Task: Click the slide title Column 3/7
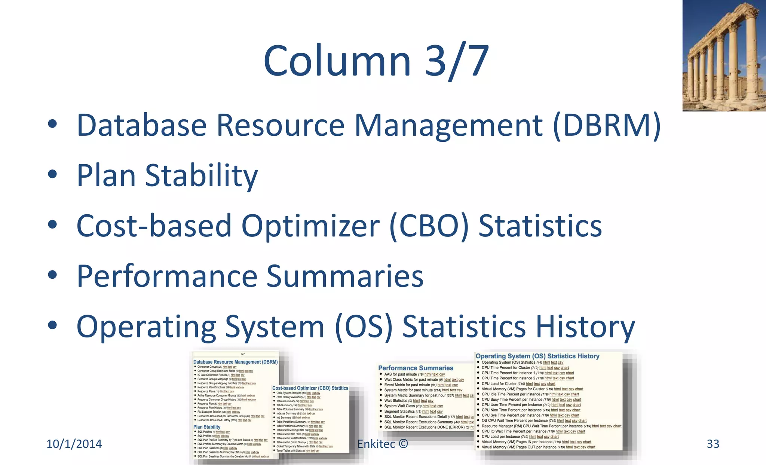click(x=376, y=61)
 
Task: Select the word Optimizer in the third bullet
click(x=310, y=226)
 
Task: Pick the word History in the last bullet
click(x=585, y=327)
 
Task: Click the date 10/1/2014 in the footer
click(x=74, y=444)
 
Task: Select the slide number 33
click(x=713, y=444)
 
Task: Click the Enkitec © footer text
click(x=383, y=444)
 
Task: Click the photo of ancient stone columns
click(x=724, y=56)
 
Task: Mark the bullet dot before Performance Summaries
click(x=52, y=275)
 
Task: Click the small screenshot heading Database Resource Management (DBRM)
click(x=235, y=362)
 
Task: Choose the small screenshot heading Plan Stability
click(x=207, y=427)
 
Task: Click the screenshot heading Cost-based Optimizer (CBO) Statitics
click(x=310, y=388)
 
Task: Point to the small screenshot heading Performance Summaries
click(x=416, y=368)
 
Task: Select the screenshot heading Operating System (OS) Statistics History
click(x=537, y=356)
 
